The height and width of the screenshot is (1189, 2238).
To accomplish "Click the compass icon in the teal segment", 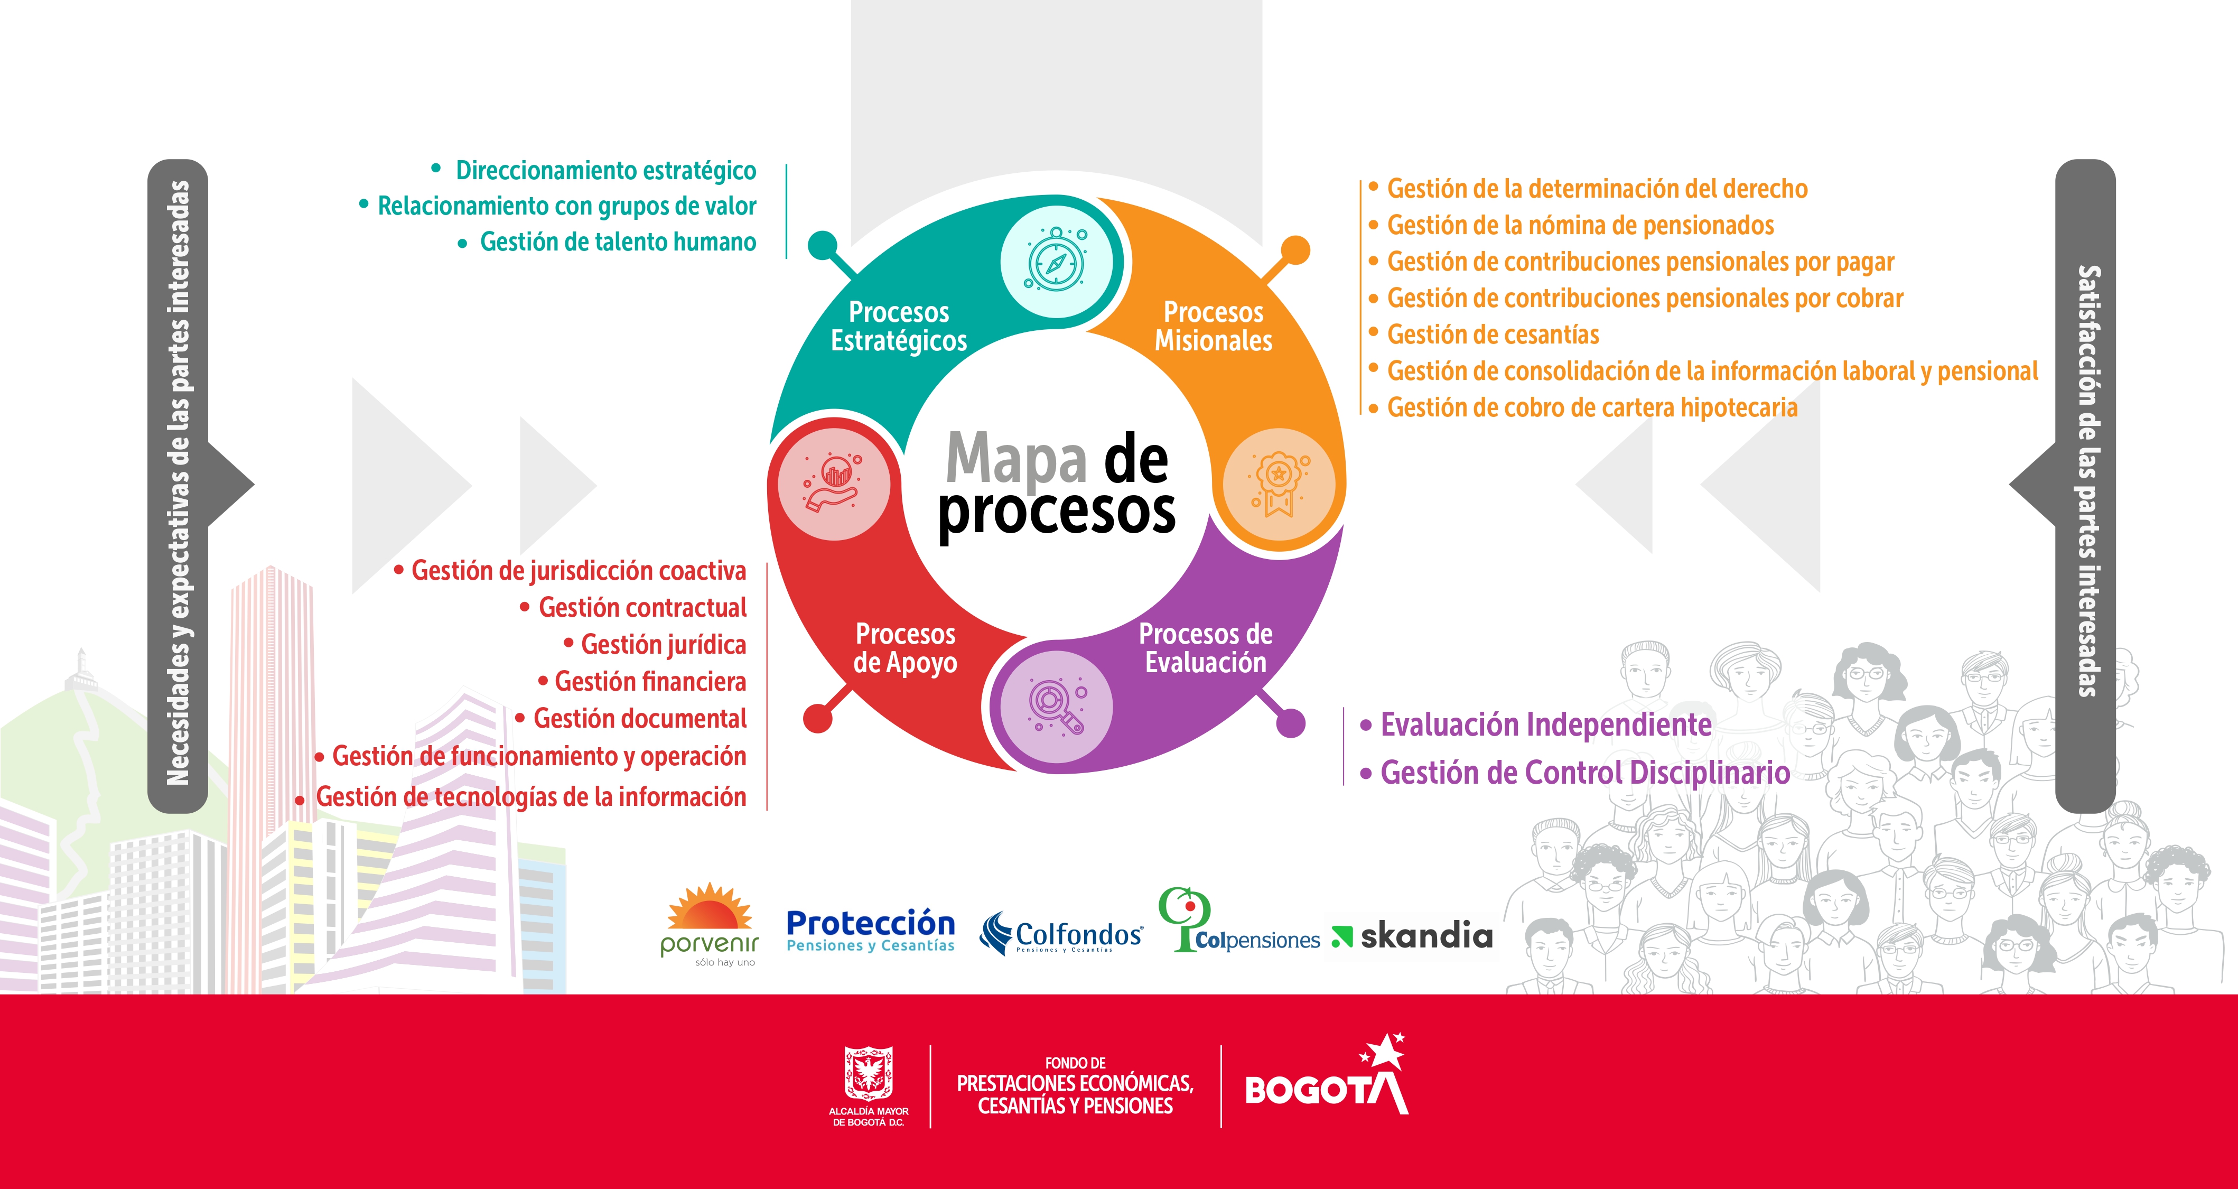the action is point(1056,261).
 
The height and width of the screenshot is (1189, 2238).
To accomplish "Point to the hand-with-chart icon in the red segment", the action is point(832,483).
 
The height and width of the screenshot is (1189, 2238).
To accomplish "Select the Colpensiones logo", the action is point(1238,921).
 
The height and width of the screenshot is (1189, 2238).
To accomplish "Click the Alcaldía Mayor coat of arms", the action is point(868,1073).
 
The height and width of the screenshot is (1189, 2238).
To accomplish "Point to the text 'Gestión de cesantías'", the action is point(1493,335).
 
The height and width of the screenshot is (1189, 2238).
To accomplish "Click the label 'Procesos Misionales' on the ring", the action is point(1213,326).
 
